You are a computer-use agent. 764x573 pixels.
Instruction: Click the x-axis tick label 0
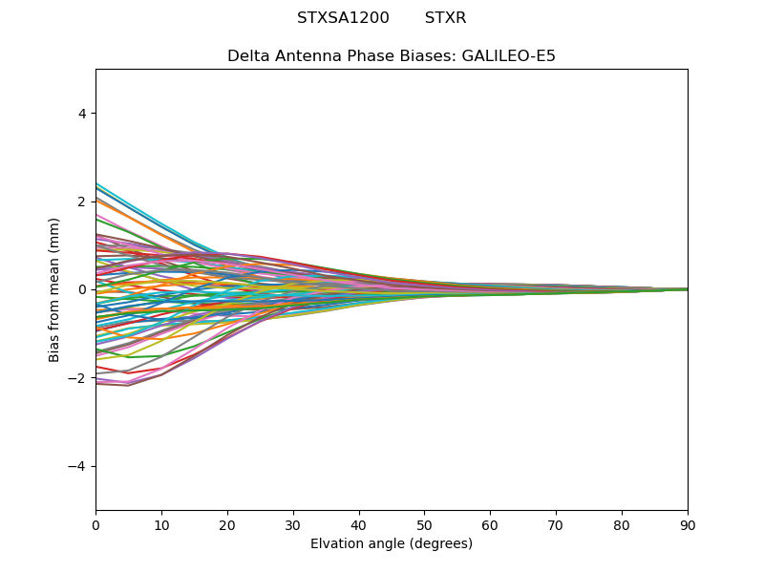95,525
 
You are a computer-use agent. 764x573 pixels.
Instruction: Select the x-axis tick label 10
161,525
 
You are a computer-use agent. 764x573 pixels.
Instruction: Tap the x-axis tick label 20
227,525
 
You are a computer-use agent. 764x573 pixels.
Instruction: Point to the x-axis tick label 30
293,525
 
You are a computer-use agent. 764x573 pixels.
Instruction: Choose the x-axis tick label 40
359,525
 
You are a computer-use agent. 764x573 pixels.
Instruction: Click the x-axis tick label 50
424,525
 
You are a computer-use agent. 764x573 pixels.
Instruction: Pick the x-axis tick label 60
490,525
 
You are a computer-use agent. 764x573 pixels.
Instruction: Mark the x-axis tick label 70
556,525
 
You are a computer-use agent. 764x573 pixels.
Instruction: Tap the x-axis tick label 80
622,525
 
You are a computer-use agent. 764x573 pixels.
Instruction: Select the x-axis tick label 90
688,525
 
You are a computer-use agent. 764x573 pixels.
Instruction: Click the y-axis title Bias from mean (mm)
55,289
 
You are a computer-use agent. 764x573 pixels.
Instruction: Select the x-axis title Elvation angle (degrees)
392,544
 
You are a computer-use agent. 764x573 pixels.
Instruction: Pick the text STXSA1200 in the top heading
343,18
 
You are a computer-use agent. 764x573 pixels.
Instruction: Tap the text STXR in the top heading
446,18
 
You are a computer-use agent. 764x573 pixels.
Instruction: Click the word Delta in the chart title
247,56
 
